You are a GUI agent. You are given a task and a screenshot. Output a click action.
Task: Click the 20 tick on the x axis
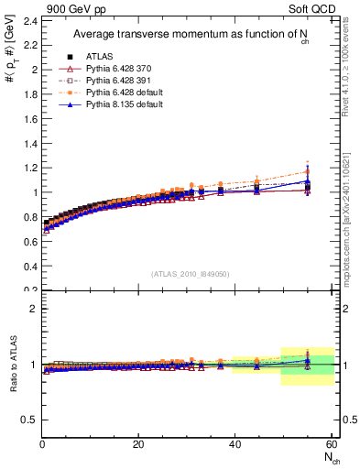(x=137, y=444)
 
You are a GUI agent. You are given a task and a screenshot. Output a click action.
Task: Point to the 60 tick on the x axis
(x=330, y=444)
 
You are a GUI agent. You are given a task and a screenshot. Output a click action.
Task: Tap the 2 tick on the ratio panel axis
(x=33, y=309)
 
